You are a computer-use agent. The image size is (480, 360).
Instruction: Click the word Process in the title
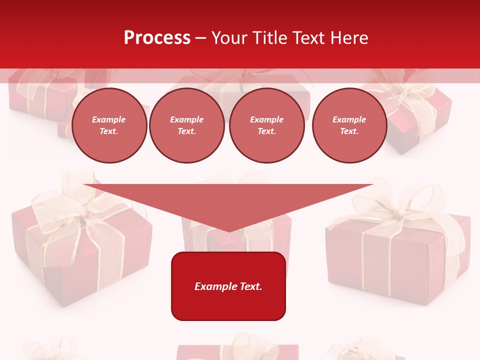(x=157, y=38)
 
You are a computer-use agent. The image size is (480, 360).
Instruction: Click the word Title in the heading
(x=269, y=38)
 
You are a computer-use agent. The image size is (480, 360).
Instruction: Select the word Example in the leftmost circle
(x=109, y=120)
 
